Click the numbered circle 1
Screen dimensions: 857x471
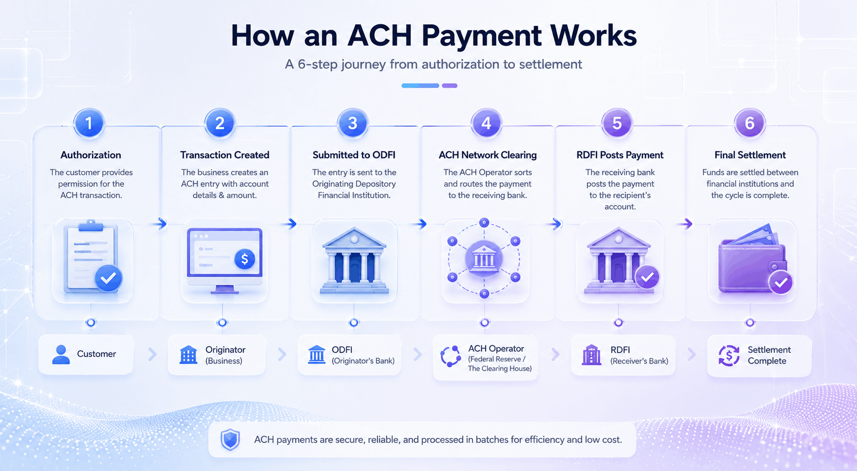89,123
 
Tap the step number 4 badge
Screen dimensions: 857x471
486,123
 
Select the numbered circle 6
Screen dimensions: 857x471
750,123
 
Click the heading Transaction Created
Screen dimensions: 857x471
224,155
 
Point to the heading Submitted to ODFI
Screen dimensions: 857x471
354,155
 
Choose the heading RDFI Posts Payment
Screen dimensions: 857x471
620,155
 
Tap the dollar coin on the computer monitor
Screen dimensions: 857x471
245,259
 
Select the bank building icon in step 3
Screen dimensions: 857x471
354,260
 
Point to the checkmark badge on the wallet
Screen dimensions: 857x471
781,283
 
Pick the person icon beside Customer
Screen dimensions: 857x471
61,355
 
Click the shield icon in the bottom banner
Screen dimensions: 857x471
230,440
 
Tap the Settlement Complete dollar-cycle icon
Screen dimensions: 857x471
729,356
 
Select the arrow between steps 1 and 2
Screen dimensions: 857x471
162,223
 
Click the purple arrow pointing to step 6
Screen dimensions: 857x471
687,223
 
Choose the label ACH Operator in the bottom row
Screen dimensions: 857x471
496,348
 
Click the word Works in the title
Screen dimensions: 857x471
591,35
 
